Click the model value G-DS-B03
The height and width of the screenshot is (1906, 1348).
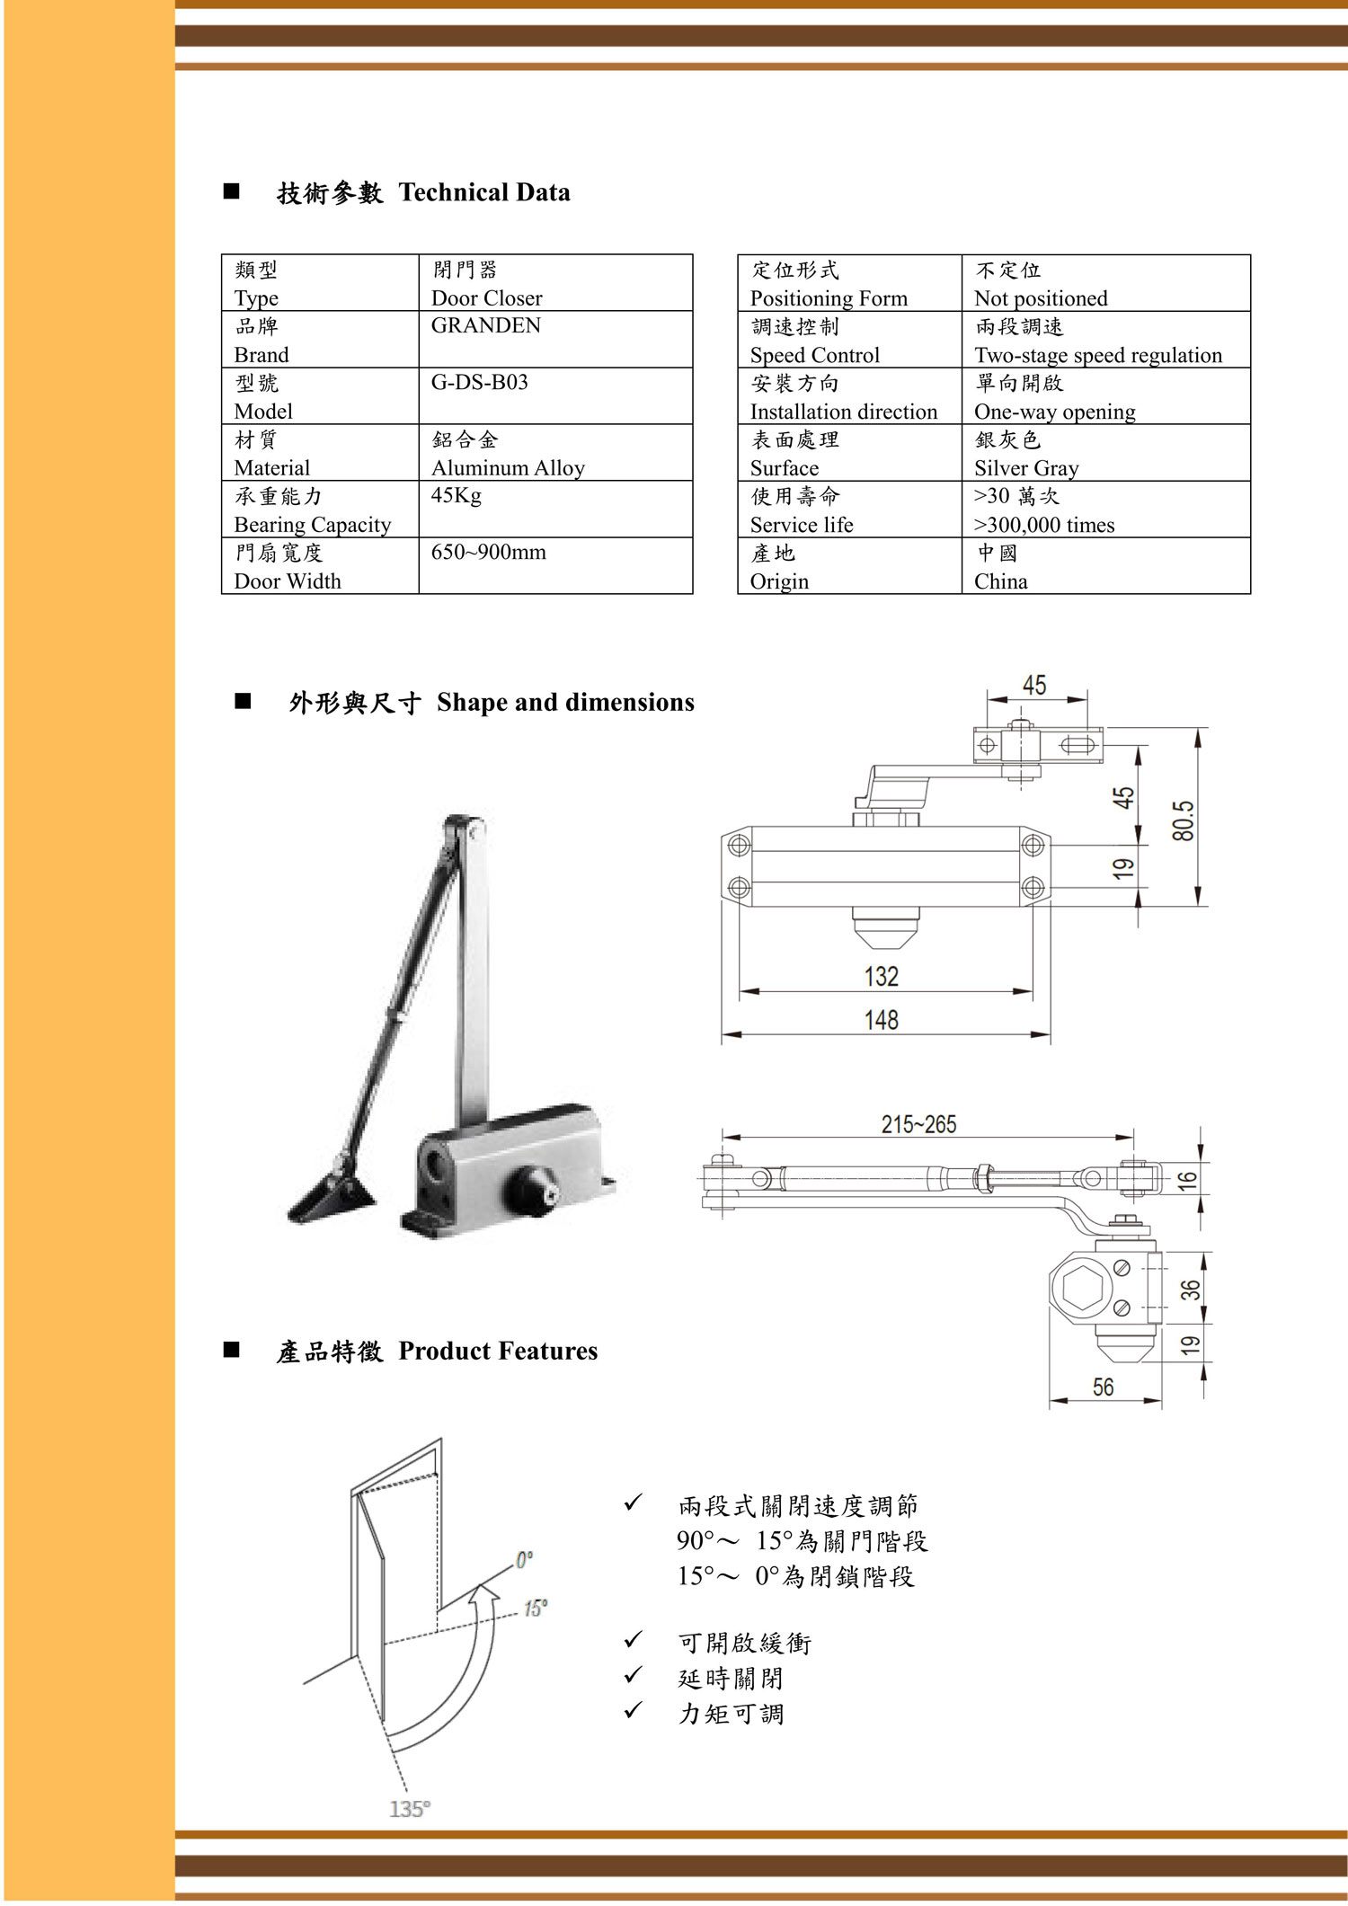(x=479, y=383)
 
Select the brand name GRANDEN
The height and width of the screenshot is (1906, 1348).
(x=485, y=326)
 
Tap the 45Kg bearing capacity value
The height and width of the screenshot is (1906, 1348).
(x=456, y=496)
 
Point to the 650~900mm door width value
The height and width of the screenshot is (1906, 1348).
(x=488, y=553)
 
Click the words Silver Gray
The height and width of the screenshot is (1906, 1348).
(x=1026, y=468)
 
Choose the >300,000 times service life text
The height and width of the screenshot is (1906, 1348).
(x=1044, y=525)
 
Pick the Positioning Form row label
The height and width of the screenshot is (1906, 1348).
(x=829, y=298)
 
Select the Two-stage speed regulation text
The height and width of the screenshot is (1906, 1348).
(x=1098, y=355)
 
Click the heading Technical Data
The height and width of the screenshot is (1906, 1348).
(x=483, y=192)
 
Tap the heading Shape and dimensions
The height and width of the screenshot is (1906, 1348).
(x=565, y=702)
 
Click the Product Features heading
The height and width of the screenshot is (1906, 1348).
(x=498, y=1351)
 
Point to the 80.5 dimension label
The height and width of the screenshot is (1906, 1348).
(x=1184, y=820)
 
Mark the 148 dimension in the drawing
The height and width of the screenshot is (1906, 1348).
(x=882, y=1020)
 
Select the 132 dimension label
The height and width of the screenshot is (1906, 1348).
(x=882, y=977)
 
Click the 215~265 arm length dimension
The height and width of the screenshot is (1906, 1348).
(x=918, y=1124)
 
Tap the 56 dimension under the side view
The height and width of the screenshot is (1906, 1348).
(x=1103, y=1387)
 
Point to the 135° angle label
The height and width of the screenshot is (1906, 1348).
(x=410, y=1808)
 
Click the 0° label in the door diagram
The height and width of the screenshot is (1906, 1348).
(x=524, y=1560)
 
